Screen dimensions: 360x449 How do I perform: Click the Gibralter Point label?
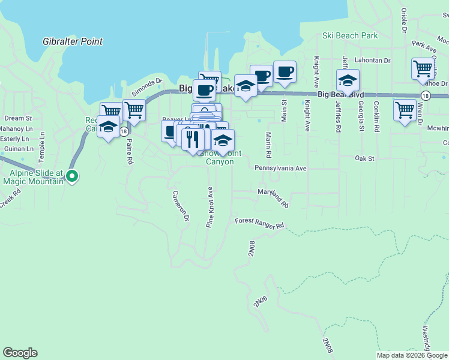(73, 42)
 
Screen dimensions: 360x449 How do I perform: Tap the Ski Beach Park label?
(350, 35)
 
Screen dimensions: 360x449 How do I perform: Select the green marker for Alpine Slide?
(72, 176)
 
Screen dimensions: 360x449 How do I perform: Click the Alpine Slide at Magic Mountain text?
(33, 177)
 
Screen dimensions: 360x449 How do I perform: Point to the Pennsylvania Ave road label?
(280, 169)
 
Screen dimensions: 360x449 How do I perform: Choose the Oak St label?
(364, 158)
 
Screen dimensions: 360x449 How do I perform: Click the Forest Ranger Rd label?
(259, 223)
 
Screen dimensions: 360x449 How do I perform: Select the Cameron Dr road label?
(181, 205)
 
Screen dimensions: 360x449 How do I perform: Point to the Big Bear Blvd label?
(340, 94)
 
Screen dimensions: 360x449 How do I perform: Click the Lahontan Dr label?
(373, 61)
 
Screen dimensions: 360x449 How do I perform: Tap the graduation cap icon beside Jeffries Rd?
(348, 80)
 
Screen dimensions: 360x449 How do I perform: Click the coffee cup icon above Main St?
(285, 71)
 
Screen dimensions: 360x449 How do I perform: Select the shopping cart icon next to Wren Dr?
(405, 110)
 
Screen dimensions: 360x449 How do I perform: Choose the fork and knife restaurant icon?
(191, 139)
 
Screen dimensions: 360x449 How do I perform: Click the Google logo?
(20, 353)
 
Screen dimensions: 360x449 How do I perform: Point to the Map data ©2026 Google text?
(412, 355)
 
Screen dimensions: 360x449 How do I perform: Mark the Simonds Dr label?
(147, 88)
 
